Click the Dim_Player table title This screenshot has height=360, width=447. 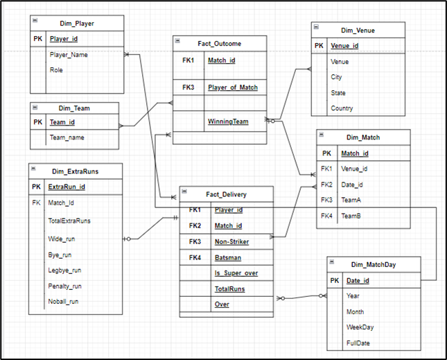point(77,23)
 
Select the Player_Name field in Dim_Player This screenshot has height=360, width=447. point(68,54)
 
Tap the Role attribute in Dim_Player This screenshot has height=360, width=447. point(56,70)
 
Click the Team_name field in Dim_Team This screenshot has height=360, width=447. point(67,138)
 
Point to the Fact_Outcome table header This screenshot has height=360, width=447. point(219,44)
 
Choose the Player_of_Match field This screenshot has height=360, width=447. point(232,87)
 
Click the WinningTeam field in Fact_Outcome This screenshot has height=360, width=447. point(227,121)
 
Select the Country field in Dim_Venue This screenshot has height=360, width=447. point(342,108)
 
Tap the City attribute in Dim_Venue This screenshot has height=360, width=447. point(336,77)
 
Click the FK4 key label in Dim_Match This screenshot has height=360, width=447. point(327,216)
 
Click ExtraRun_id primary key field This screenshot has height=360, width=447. point(67,187)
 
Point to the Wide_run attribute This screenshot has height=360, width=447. point(61,239)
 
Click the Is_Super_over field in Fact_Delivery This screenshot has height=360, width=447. point(236,274)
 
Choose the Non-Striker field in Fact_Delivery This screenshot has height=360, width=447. point(231,242)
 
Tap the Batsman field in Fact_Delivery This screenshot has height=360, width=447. point(227,257)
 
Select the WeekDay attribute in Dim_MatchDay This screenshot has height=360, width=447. point(360,327)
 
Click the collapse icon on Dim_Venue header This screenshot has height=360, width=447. point(317,27)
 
